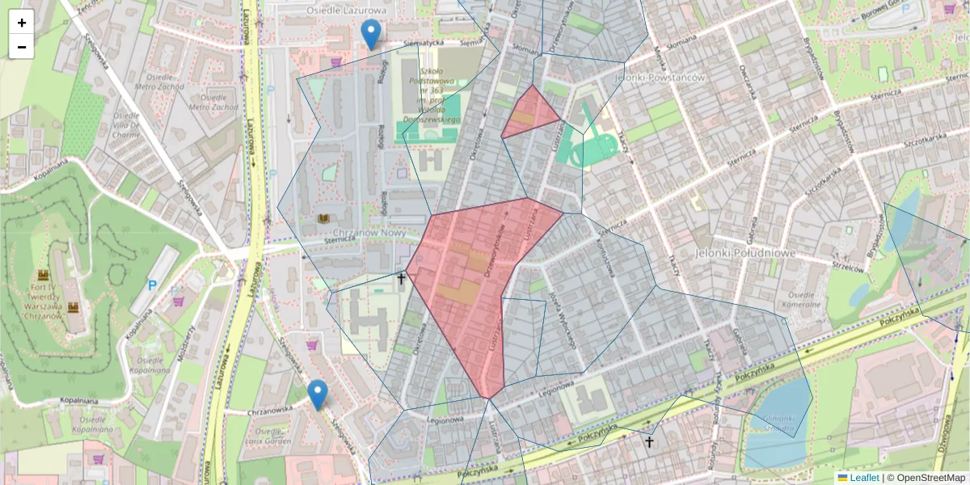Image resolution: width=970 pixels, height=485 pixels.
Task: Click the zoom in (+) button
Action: coord(22,23)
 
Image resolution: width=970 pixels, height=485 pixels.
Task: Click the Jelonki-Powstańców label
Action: coord(660,78)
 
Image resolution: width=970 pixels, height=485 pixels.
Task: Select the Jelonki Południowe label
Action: coord(744,253)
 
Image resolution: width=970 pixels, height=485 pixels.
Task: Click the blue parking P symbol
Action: coord(152,285)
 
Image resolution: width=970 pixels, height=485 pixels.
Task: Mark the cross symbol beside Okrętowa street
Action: coord(401,279)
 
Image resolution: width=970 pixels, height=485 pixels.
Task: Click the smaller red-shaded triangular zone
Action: coord(529,116)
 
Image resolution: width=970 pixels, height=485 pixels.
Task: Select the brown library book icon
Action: coord(323,219)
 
